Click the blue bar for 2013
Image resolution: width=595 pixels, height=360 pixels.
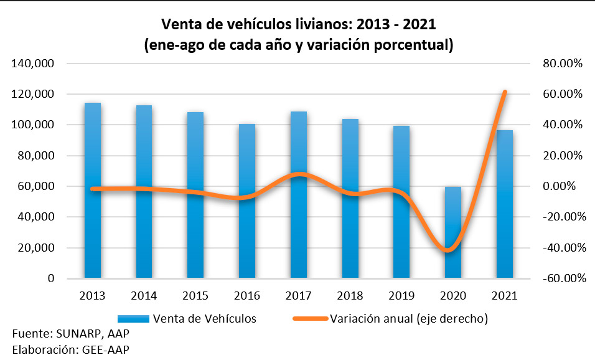pyautogui.click(x=93, y=193)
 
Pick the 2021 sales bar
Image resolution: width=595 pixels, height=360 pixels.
pyautogui.click(x=504, y=206)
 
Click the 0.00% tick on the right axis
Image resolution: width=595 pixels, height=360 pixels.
pyautogui.click(x=564, y=186)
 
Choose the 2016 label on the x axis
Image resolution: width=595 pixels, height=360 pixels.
pyautogui.click(x=247, y=295)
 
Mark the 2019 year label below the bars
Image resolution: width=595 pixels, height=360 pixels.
pyautogui.click(x=401, y=295)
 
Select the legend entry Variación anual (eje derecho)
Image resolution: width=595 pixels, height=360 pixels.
pyautogui.click(x=408, y=318)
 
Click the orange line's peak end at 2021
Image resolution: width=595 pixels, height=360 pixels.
pyautogui.click(x=505, y=92)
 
